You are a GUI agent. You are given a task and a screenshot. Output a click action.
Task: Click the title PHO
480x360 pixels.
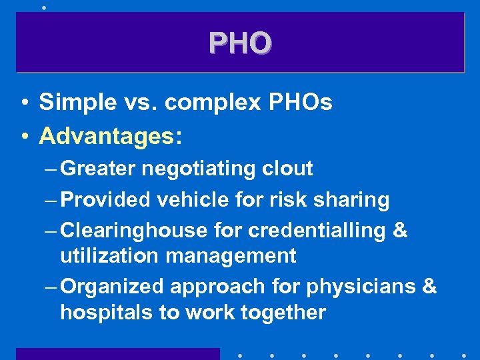point(240,43)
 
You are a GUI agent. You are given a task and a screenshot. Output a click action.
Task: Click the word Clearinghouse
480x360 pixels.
point(133,231)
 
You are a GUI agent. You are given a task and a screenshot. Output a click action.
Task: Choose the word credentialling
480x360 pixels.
point(317,231)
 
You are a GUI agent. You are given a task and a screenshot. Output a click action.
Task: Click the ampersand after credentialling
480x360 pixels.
point(400,231)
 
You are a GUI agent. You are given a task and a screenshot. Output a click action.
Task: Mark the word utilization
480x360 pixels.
point(107,255)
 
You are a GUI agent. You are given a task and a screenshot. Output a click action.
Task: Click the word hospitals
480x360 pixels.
point(106,312)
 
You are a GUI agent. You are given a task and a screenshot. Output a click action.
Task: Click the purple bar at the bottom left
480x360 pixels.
point(117,353)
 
